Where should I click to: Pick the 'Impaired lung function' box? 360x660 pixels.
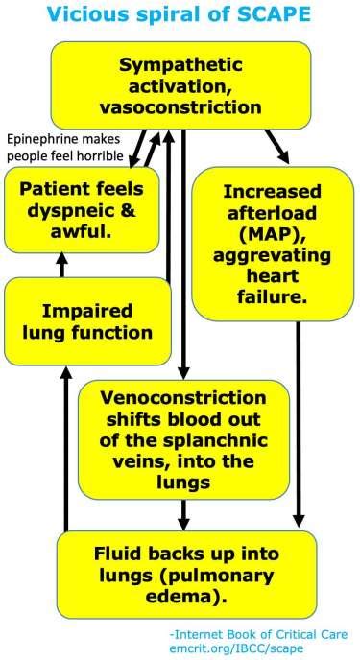click(x=83, y=321)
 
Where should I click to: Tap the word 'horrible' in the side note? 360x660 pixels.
click(x=96, y=153)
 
